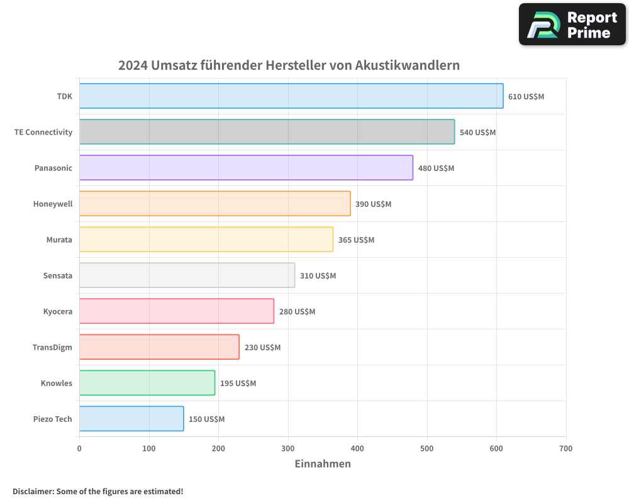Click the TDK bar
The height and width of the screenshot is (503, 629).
click(291, 96)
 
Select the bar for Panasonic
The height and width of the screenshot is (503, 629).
click(246, 168)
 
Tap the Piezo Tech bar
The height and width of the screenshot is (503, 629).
click(131, 419)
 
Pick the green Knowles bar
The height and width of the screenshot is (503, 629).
click(147, 383)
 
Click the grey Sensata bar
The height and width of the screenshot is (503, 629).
click(187, 275)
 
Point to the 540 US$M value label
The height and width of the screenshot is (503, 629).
click(477, 132)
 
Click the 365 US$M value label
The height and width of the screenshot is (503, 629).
click(356, 240)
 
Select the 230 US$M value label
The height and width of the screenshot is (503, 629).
click(262, 348)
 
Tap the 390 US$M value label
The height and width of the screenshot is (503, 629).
click(373, 204)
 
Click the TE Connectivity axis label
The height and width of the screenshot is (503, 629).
click(43, 132)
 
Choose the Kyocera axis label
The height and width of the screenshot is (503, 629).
click(58, 312)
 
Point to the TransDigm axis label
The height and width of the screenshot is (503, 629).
click(52, 348)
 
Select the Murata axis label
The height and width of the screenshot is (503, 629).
click(59, 240)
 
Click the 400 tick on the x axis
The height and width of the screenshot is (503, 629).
click(357, 448)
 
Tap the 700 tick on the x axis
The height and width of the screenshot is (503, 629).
click(565, 448)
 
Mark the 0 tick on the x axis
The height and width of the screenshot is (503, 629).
click(79, 448)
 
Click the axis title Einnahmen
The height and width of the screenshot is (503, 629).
click(323, 464)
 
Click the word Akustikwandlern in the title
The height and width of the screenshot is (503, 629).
click(407, 65)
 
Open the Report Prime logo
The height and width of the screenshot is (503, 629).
click(572, 25)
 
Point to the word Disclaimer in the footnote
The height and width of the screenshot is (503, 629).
click(32, 491)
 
